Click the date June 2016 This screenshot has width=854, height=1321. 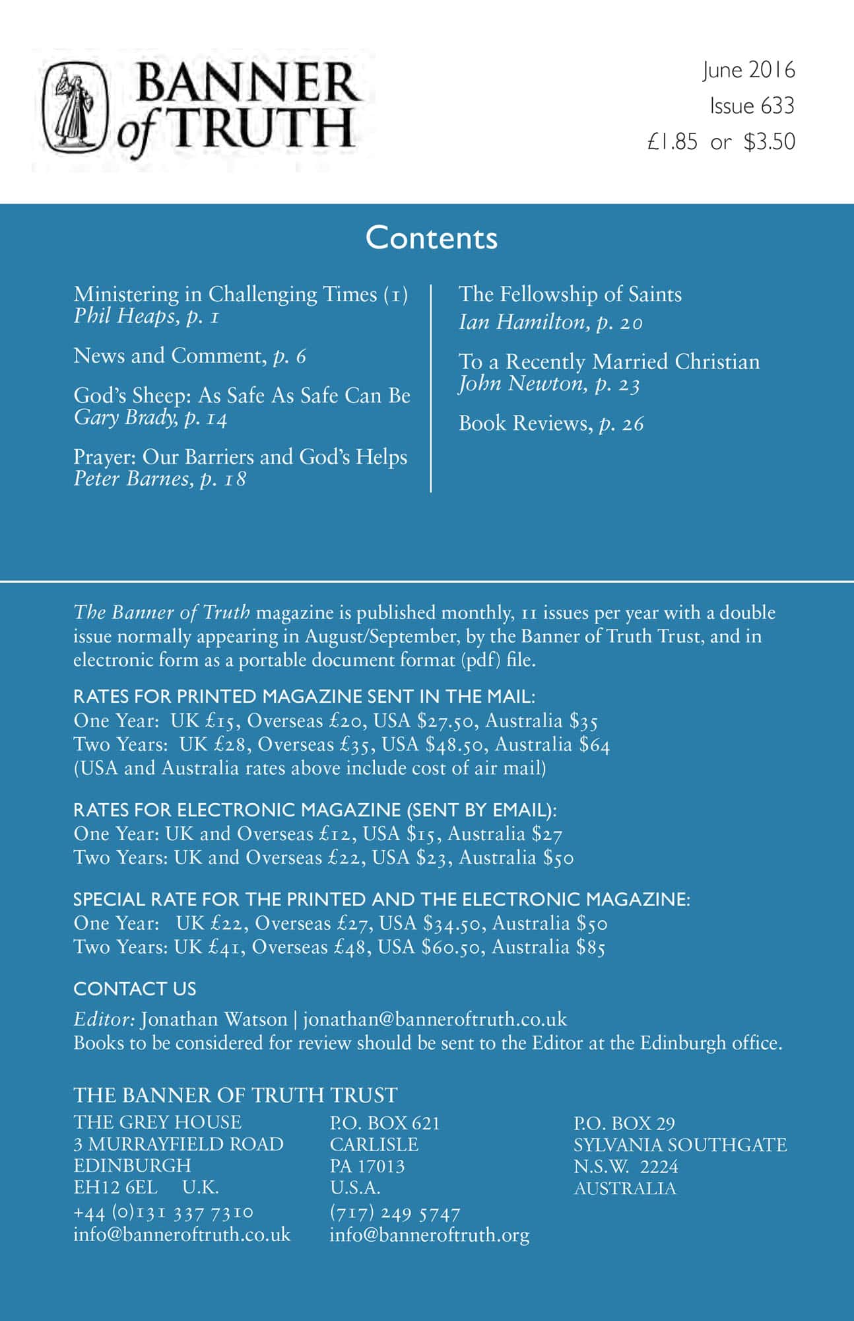pyautogui.click(x=748, y=70)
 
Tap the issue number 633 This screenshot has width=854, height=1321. pyautogui.click(x=780, y=106)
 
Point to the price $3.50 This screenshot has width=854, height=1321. pyautogui.click(x=769, y=142)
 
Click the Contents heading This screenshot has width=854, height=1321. pyautogui.click(x=431, y=238)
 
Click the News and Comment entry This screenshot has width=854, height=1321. pyautogui.click(x=189, y=356)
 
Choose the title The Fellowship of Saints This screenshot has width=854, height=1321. pyautogui.click(x=570, y=294)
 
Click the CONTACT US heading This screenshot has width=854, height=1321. pyautogui.click(x=135, y=989)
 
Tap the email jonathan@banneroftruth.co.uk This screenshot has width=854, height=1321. pyautogui.click(x=435, y=1019)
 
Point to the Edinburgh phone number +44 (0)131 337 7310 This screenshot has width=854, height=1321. pyautogui.click(x=163, y=1213)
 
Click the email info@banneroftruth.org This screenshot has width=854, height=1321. pyautogui.click(x=429, y=1234)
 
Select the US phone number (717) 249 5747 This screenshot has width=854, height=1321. pyautogui.click(x=394, y=1213)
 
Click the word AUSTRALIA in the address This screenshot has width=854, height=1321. pyautogui.click(x=624, y=1188)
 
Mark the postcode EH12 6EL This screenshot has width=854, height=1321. pyautogui.click(x=115, y=1187)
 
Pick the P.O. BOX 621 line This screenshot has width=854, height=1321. pyautogui.click(x=384, y=1123)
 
